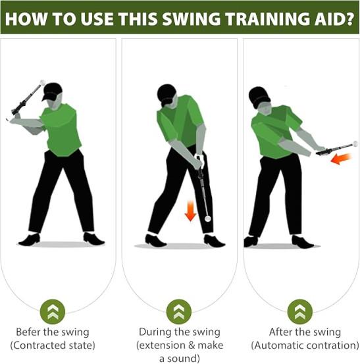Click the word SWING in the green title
(191, 18)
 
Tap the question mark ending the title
(348, 18)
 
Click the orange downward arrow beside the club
(191, 211)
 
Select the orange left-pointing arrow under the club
(341, 159)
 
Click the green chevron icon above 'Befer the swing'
(53, 311)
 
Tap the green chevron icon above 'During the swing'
(179, 311)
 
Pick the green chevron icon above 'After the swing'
(299, 311)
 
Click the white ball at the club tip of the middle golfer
(207, 219)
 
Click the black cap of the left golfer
(52, 91)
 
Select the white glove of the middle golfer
(199, 159)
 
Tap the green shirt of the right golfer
(276, 132)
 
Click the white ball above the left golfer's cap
(43, 82)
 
